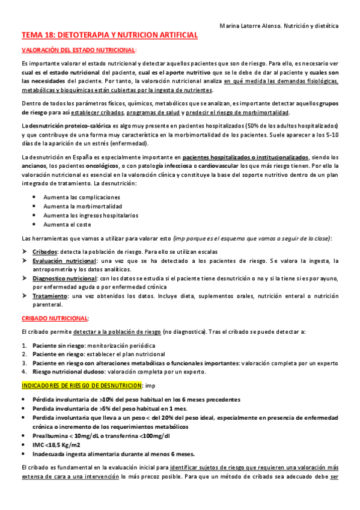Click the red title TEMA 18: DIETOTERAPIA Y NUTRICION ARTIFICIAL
click(x=109, y=36)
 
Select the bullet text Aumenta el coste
click(x=67, y=224)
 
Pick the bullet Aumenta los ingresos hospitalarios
click(x=91, y=215)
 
